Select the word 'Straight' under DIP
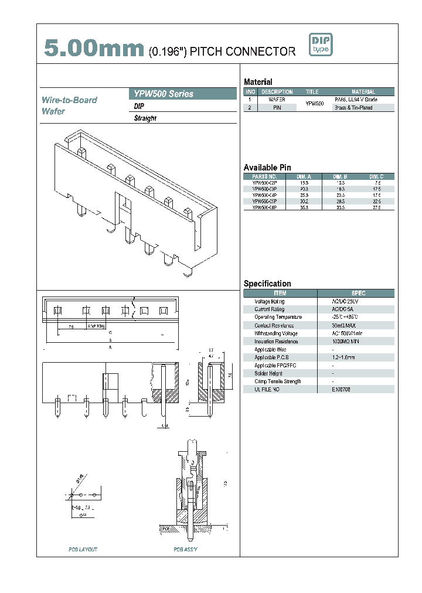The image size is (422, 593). tap(145, 118)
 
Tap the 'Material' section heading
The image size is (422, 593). tap(258, 82)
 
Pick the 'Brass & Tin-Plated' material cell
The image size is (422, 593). tap(353, 108)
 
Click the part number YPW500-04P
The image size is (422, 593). tap(264, 195)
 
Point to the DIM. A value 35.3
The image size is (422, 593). tap(304, 207)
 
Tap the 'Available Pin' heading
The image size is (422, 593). tap(267, 168)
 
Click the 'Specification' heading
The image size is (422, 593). tap(267, 284)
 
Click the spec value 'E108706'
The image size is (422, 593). tap(341, 389)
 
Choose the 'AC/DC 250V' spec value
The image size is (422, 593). tap(345, 301)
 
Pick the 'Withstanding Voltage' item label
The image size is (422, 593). tap(275, 333)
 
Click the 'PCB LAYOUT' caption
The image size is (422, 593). tap(83, 550)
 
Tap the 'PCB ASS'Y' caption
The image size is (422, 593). tap(185, 550)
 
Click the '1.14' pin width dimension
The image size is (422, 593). tap(165, 427)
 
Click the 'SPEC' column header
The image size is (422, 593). tap(358, 293)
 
